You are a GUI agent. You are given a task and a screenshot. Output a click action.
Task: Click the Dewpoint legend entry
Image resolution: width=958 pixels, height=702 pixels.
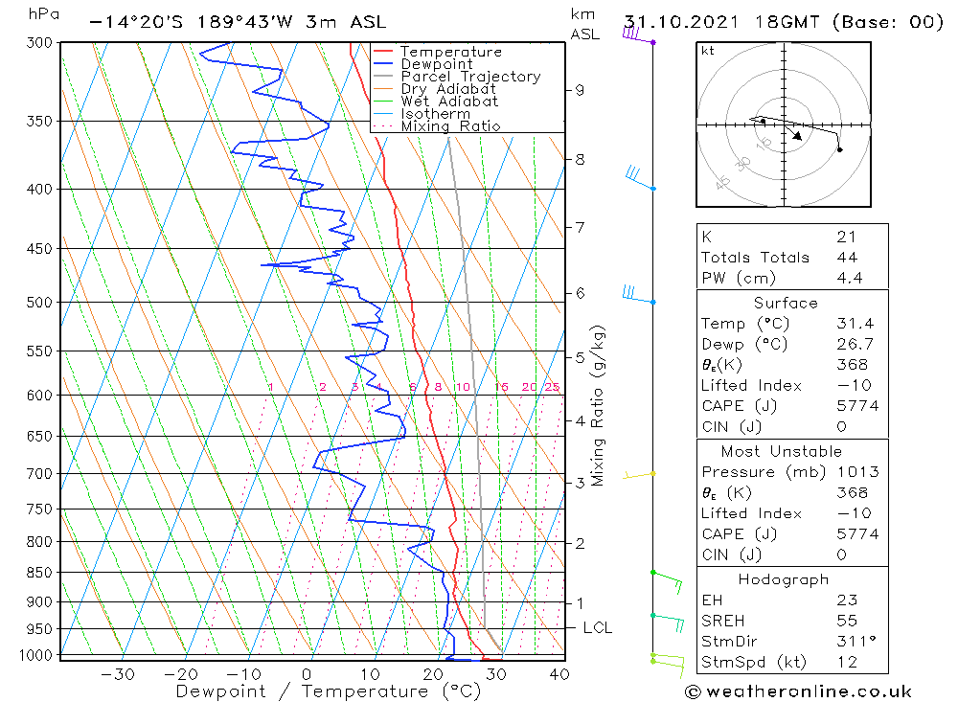[437, 64]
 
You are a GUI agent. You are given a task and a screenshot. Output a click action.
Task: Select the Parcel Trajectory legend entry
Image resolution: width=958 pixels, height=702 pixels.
[470, 77]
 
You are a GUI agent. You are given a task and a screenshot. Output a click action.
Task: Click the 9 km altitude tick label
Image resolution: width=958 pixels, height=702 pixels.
[580, 90]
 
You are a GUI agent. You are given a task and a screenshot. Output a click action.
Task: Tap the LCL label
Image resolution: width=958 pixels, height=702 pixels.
[597, 628]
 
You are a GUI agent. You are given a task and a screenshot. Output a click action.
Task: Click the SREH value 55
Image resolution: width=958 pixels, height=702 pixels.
[846, 621]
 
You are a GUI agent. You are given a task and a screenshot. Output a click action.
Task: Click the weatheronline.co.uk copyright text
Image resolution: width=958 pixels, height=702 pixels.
[798, 691]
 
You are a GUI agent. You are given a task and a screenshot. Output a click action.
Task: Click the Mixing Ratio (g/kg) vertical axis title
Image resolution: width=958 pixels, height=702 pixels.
[599, 406]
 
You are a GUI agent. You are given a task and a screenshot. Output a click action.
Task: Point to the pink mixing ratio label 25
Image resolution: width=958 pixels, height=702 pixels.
[552, 387]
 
